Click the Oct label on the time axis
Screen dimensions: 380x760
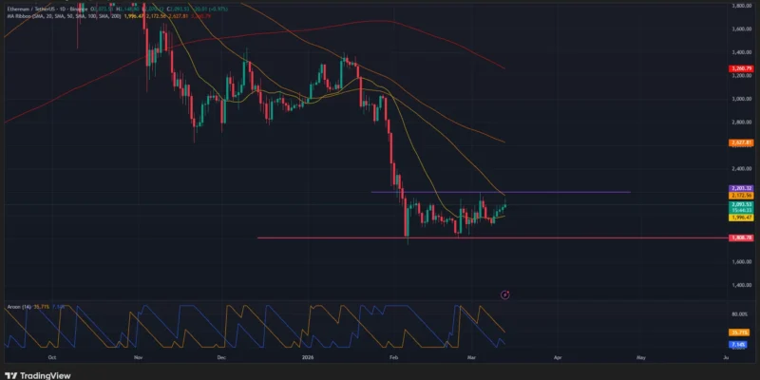coord(51,357)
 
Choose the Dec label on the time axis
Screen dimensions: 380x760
coord(220,357)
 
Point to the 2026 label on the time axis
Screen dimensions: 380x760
coord(308,357)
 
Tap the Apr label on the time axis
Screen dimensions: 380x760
coord(558,357)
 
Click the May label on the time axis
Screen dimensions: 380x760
coord(641,357)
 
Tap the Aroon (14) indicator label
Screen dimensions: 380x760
coord(18,307)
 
